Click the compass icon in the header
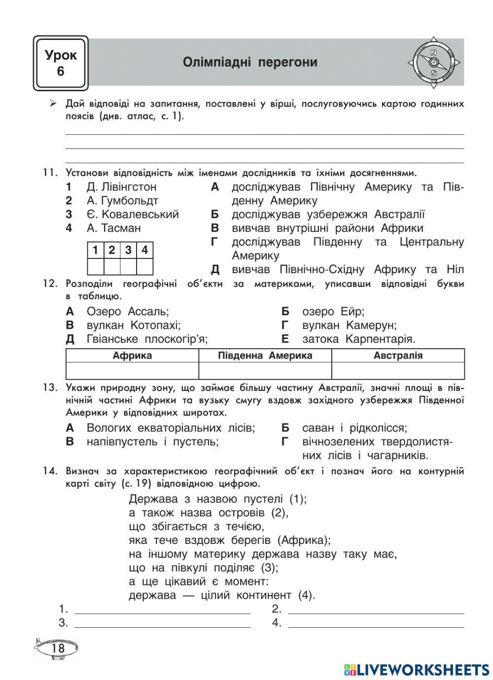pos(433,63)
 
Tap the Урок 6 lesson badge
pos(61,63)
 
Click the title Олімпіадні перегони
pos(250,63)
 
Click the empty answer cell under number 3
pos(128,267)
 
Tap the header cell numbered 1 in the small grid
pos(96,250)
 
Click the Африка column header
pos(132,356)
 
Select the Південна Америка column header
pos(265,356)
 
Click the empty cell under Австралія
pos(398,370)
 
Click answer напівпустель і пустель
pos(152,442)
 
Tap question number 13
pos(50,387)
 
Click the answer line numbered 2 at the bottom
pos(376,609)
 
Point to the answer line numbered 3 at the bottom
pos(162,623)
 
